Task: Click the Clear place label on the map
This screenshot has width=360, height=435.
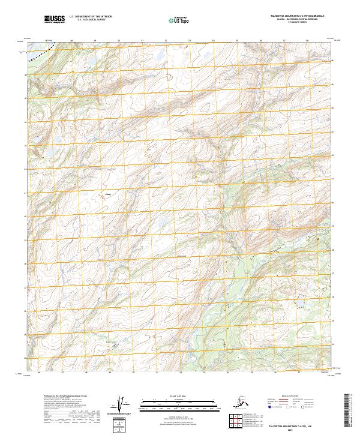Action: [108, 194]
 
